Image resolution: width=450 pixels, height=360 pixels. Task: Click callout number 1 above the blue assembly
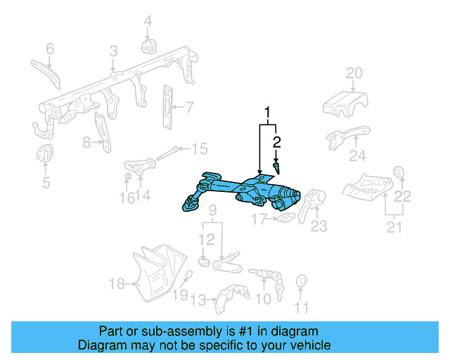(x=267, y=112)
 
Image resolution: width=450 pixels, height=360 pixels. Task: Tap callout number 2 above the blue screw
(x=277, y=142)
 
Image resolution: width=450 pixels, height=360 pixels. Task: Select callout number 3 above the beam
(x=113, y=51)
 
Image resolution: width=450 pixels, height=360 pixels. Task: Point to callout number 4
(x=148, y=22)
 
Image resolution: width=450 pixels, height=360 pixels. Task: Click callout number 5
(x=46, y=184)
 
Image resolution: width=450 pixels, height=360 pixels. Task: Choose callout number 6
(x=50, y=49)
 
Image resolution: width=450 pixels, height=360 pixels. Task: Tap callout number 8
(x=86, y=143)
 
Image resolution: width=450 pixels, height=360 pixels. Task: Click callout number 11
(x=302, y=307)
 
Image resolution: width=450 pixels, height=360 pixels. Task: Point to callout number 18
(x=117, y=284)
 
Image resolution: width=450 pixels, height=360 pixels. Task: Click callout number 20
(x=354, y=73)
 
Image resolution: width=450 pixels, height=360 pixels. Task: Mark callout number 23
(x=320, y=226)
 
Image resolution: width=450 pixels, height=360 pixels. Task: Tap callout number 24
(x=359, y=156)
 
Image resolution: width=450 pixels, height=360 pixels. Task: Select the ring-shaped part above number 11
(x=302, y=281)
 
